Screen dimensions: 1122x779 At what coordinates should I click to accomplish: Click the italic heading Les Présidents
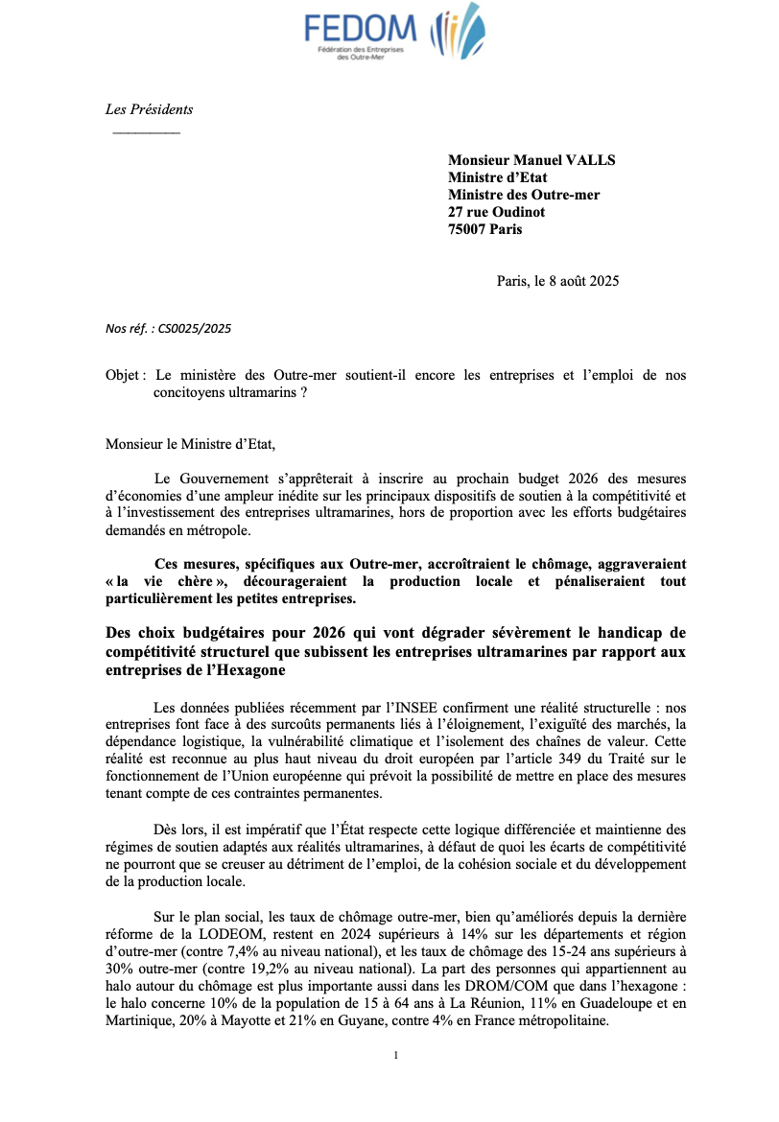pyautogui.click(x=149, y=109)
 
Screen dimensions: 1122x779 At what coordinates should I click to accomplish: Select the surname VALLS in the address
pyautogui.click(x=591, y=160)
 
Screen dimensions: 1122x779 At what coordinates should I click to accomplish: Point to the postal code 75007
pyautogui.click(x=466, y=229)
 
